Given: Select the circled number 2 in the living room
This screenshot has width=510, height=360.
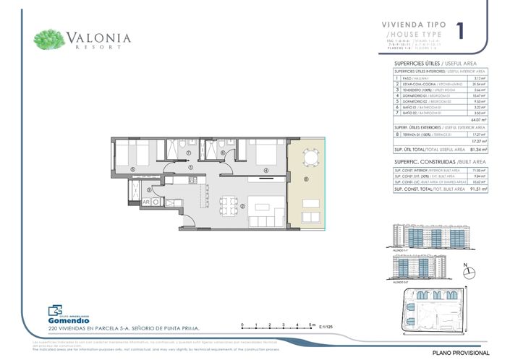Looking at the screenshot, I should coord(243,206).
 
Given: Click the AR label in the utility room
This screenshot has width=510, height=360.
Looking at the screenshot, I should coord(147,203).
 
